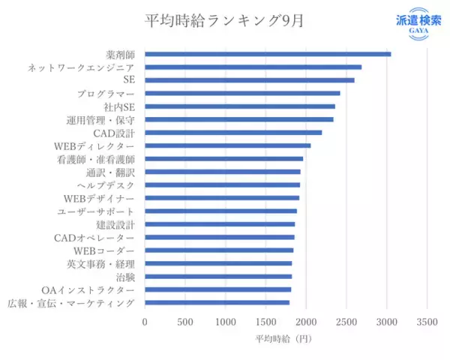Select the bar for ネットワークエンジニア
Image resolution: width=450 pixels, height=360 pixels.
coord(253,67)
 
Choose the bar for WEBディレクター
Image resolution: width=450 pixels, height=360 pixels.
coord(227,145)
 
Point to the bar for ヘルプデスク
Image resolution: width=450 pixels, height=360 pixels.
coord(222,184)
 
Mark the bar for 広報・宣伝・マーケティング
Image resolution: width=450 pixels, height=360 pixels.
coord(217,302)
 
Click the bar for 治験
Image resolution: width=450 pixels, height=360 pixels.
coord(218,277)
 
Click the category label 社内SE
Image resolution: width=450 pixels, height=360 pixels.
coord(119,106)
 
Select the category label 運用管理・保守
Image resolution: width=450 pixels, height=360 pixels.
coord(101,120)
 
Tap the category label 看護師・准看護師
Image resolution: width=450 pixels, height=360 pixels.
coord(96,159)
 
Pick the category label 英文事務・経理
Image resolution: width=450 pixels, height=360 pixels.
coord(101,263)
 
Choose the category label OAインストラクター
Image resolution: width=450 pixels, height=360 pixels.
coord(88,289)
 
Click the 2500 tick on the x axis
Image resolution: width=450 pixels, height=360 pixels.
coord(346,321)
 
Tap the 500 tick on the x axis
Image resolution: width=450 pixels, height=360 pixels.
coord(185,321)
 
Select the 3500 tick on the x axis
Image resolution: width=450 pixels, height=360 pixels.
coord(427,321)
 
